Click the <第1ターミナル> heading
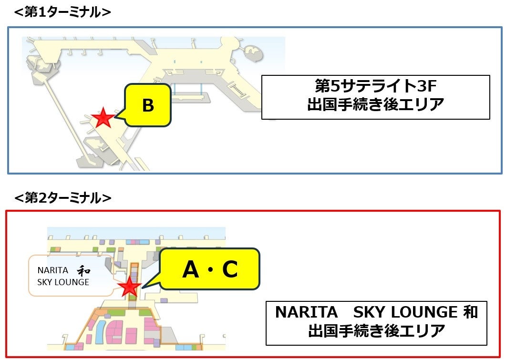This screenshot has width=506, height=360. click(62, 12)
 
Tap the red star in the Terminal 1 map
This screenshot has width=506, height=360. click(103, 118)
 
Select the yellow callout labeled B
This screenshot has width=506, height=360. click(148, 105)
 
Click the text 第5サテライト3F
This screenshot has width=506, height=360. click(375, 87)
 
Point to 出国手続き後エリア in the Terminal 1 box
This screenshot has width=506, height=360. click(375, 104)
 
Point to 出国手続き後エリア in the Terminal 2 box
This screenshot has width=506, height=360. click(376, 330)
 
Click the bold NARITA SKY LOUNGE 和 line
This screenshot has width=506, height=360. click(376, 312)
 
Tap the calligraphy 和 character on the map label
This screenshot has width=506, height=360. click(84, 270)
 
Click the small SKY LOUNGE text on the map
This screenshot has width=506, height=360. click(63, 282)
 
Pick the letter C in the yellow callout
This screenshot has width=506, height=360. click(229, 270)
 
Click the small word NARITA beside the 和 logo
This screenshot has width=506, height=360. click(52, 270)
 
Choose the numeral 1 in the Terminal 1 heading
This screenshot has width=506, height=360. click(41, 12)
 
